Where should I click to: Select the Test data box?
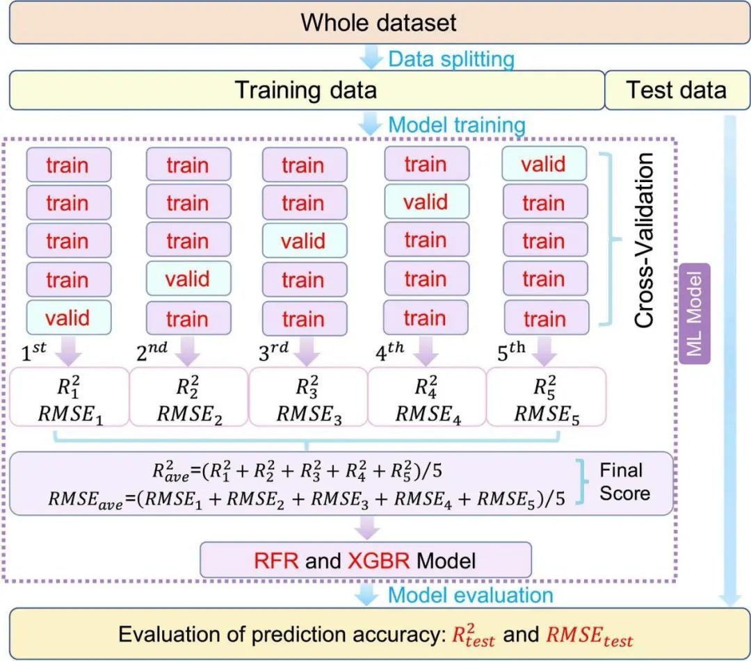click(676, 90)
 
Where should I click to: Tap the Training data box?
click(306, 90)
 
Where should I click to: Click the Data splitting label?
click(451, 59)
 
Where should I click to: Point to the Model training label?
click(456, 126)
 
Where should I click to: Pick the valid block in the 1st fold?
click(67, 318)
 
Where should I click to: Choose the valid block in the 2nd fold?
click(187, 279)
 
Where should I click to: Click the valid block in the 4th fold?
click(425, 202)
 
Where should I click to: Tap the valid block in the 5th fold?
click(543, 165)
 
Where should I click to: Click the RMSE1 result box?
click(70, 397)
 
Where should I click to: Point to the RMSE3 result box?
click(308, 397)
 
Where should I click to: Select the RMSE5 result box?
click(546, 397)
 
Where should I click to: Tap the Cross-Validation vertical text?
click(644, 240)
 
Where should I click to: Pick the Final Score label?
click(625, 482)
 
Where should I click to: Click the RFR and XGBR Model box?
click(366, 560)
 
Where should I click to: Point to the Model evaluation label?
click(470, 595)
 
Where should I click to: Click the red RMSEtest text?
click(590, 635)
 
